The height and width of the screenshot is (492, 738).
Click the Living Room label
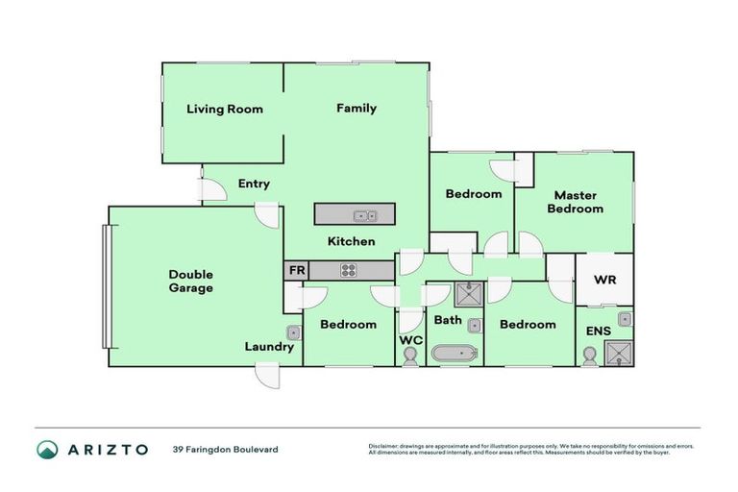225,110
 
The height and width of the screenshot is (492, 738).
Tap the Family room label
356,109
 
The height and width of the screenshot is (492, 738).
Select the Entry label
254,184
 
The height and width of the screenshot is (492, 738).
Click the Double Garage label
191,281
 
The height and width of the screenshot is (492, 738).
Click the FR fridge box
296,271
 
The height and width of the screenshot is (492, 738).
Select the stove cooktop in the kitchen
348,271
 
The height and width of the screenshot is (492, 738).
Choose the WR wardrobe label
604,280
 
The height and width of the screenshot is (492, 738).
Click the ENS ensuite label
599,332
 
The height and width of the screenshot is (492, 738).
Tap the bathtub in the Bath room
455,355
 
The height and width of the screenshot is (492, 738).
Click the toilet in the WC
410,356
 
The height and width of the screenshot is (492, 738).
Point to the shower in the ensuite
621,353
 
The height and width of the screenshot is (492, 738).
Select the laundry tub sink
294,332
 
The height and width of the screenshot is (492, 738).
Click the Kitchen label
351,241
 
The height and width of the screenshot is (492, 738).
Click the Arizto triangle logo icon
47,449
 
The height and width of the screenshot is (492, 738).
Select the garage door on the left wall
107,285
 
